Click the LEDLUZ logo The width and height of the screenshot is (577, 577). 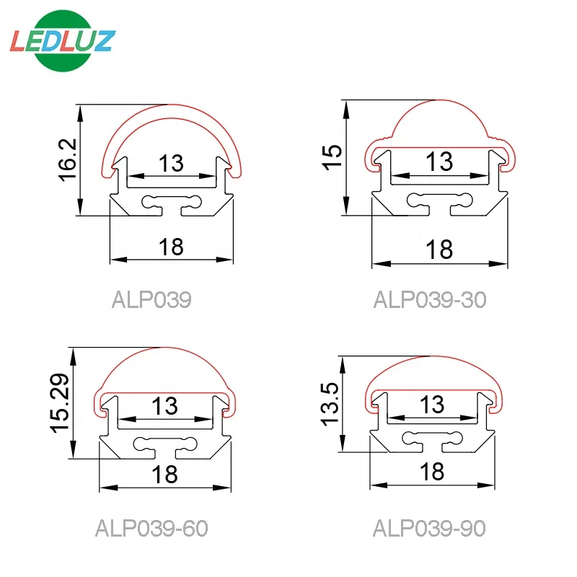61,41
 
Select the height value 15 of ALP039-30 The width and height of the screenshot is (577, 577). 333,156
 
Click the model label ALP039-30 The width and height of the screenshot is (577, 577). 430,299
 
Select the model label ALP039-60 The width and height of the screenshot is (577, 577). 151,529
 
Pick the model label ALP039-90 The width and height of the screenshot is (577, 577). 429,529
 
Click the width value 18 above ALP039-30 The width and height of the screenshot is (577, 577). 439,249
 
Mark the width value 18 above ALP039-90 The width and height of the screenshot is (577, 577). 431,471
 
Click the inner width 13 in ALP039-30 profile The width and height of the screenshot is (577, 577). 439,162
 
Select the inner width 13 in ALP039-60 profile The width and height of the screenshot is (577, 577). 164,406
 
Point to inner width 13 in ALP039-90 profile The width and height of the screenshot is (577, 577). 432,404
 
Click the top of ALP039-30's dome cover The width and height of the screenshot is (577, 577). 439,100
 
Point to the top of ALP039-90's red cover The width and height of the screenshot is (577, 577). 432,357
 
